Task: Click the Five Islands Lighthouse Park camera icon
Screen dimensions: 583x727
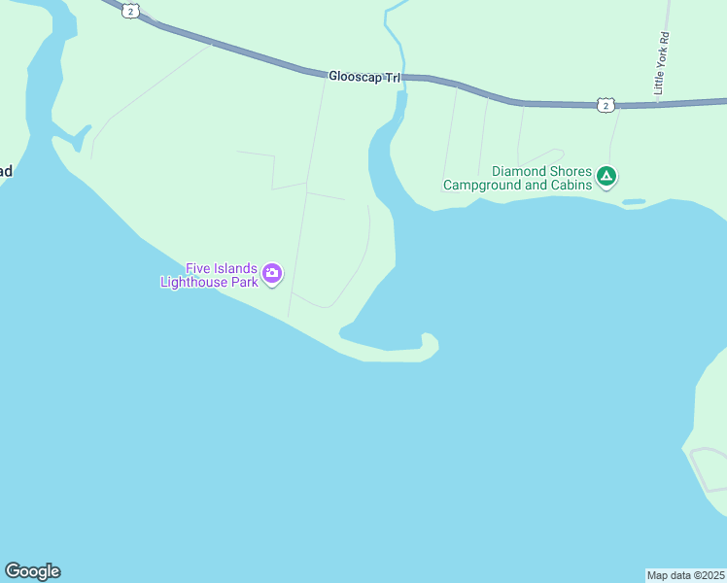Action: pyautogui.click(x=272, y=273)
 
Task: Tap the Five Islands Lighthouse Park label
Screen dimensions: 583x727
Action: pyautogui.click(x=210, y=275)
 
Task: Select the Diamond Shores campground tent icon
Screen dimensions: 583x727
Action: pyautogui.click(x=606, y=176)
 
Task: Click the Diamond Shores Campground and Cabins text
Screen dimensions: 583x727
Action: pyautogui.click(x=517, y=178)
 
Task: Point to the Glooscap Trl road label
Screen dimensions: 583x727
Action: pyautogui.click(x=364, y=76)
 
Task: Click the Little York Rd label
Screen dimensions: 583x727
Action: pyautogui.click(x=662, y=63)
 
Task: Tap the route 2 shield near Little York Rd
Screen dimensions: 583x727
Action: pyautogui.click(x=606, y=104)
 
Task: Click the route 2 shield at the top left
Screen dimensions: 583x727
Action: pyautogui.click(x=131, y=10)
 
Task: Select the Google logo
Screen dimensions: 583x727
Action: pyautogui.click(x=32, y=571)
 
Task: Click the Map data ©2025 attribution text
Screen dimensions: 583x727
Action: pyautogui.click(x=686, y=575)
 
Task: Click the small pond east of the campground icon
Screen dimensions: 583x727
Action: pyautogui.click(x=633, y=202)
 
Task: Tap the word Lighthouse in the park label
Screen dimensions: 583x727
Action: pyautogui.click(x=209, y=282)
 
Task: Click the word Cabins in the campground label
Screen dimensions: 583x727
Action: pyautogui.click(x=569, y=185)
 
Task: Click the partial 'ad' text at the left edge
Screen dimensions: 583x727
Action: pyautogui.click(x=5, y=172)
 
